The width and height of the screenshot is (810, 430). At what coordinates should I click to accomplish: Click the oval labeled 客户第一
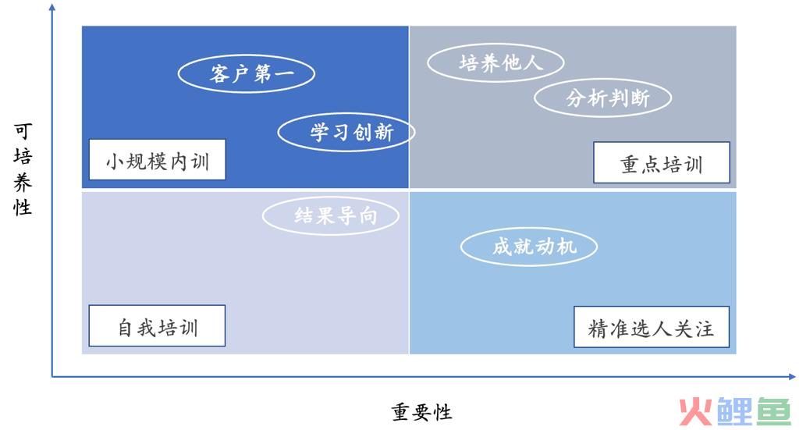(247, 74)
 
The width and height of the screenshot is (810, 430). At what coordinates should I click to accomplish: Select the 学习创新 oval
(346, 133)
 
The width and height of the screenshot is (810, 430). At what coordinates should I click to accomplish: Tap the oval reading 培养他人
(496, 62)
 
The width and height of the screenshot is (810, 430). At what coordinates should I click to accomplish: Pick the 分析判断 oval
(603, 98)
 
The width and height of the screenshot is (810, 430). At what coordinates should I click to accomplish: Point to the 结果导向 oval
(331, 215)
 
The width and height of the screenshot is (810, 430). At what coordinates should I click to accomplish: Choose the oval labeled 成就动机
(529, 247)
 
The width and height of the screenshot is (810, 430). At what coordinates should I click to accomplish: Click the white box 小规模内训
(158, 160)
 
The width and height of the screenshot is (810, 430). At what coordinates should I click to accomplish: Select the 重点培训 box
(662, 162)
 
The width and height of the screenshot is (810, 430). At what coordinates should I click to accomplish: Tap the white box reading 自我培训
(157, 325)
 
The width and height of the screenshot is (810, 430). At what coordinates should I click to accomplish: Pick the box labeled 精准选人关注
(652, 327)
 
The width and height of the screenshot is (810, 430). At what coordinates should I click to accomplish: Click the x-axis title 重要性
(421, 412)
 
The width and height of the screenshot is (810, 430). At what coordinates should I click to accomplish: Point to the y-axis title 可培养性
(23, 169)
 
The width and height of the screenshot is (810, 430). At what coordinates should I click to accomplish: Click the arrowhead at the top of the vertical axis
(52, 7)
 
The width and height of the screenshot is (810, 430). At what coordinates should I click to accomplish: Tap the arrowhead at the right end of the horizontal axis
(792, 377)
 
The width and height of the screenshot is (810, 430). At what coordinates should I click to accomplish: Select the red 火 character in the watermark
(695, 412)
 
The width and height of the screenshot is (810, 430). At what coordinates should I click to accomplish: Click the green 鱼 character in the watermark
(774, 411)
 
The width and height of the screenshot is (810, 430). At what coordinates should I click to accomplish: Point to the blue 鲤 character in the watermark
(734, 411)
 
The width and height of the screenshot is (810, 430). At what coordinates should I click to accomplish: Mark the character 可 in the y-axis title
(23, 132)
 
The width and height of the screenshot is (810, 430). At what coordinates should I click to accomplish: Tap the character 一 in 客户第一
(285, 73)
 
